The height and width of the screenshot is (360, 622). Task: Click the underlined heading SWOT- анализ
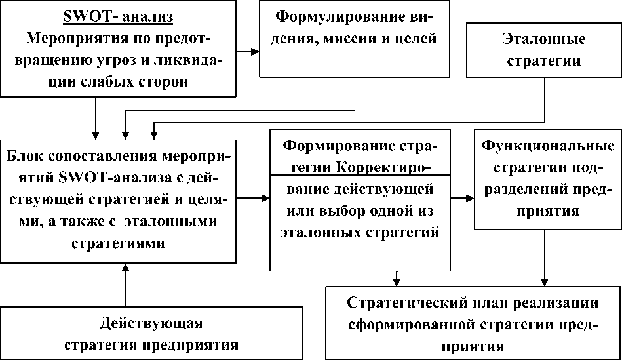pyautogui.click(x=118, y=17)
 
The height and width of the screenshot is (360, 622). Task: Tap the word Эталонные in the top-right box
pyautogui.click(x=544, y=39)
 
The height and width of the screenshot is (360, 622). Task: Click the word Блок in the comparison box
pyautogui.click(x=24, y=155)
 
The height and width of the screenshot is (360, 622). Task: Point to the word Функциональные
pyautogui.click(x=548, y=146)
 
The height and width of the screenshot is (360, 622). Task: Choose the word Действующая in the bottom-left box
pyautogui.click(x=151, y=323)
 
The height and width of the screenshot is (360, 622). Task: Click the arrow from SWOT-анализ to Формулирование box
pyautogui.click(x=248, y=52)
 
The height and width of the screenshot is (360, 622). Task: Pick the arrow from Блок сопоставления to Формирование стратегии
pyautogui.click(x=253, y=197)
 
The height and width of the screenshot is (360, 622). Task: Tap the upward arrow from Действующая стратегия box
pyautogui.click(x=125, y=285)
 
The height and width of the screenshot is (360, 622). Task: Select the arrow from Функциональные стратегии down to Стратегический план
pyautogui.click(x=544, y=258)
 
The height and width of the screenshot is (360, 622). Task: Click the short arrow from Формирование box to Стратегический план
pyautogui.click(x=397, y=279)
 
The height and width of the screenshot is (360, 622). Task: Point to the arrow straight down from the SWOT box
pyautogui.click(x=95, y=118)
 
